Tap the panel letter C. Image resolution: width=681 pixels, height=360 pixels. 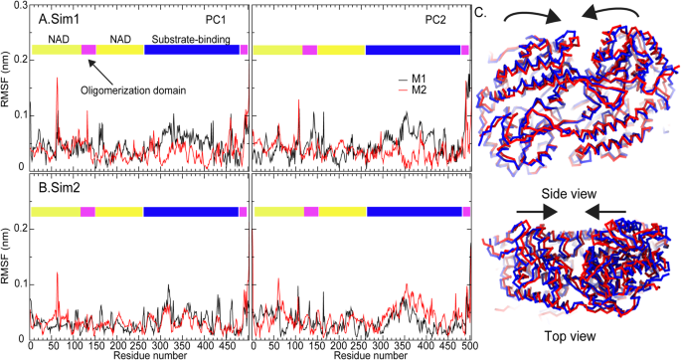coord(480,12)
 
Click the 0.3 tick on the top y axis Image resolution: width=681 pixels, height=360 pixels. coord(18,8)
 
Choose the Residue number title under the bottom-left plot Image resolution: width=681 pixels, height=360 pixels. coord(139,353)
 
